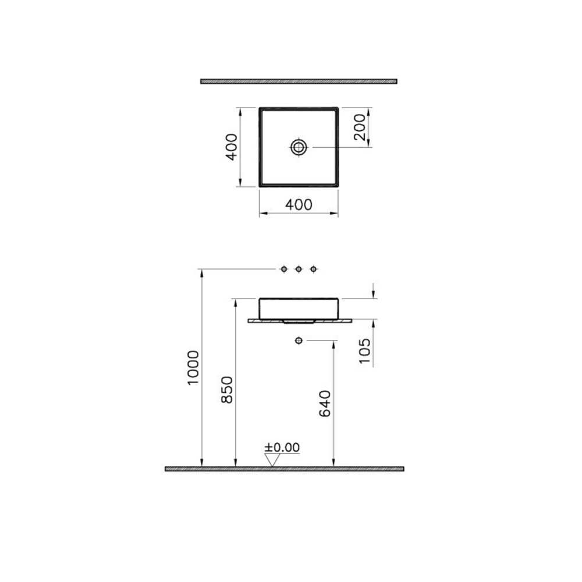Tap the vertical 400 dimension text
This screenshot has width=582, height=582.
click(232, 147)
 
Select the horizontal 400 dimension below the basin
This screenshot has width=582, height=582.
click(299, 204)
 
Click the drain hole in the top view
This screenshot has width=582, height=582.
click(299, 147)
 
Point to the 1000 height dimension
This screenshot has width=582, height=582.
click(193, 367)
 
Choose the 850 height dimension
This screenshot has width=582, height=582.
click(226, 390)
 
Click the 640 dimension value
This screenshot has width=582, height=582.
click(325, 403)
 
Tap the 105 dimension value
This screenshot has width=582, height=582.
click(365, 351)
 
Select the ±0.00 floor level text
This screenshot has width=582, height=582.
click(282, 447)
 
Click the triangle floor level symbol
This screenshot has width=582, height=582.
click(272, 460)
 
